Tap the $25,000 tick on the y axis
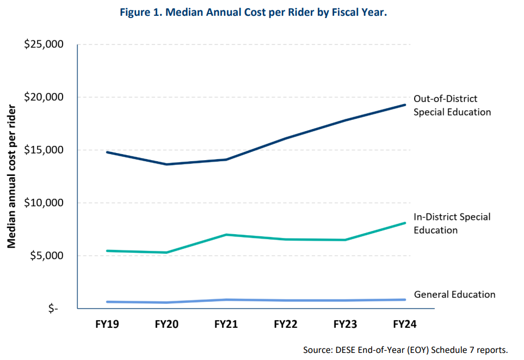(x=44, y=45)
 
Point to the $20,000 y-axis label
(x=44, y=97)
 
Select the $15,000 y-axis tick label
(x=44, y=150)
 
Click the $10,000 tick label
(x=44, y=203)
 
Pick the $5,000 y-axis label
(x=47, y=256)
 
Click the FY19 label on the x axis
(x=107, y=325)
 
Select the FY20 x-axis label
(x=167, y=325)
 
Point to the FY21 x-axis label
(x=226, y=325)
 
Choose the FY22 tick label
(x=285, y=325)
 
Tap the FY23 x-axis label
(x=345, y=325)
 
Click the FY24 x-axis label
(x=404, y=325)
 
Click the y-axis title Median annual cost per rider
(x=11, y=176)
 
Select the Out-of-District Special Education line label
(x=452, y=106)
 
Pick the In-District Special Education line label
(x=452, y=223)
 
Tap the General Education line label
(x=454, y=295)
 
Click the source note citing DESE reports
(x=405, y=349)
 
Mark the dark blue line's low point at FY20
(x=167, y=164)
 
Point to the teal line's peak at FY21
(x=226, y=235)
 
